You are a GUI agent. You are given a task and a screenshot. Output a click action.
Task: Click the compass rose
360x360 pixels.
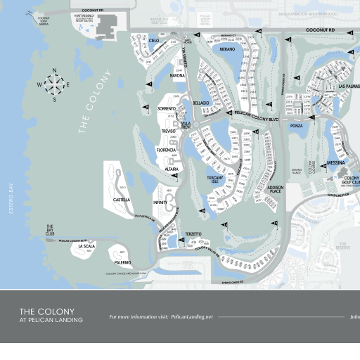(x=54, y=84)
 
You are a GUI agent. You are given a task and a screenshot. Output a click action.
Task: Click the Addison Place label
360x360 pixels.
(x=275, y=190)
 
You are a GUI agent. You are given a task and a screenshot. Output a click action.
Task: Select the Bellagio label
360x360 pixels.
(x=201, y=103)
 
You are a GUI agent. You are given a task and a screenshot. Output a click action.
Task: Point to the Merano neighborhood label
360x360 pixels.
(x=227, y=50)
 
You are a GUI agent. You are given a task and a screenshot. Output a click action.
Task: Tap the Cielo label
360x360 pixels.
(x=153, y=41)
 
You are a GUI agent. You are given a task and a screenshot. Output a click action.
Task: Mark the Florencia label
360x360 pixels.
(x=166, y=150)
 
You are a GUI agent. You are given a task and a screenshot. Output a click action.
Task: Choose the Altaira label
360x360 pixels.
(x=171, y=169)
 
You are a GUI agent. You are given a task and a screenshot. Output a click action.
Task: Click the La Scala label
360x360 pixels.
(x=86, y=247)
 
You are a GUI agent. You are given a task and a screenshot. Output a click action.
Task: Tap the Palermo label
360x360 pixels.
(x=120, y=262)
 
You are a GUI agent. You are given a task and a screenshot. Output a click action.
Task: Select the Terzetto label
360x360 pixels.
(x=193, y=233)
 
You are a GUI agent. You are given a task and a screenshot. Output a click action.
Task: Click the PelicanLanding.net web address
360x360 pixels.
(x=191, y=317)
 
